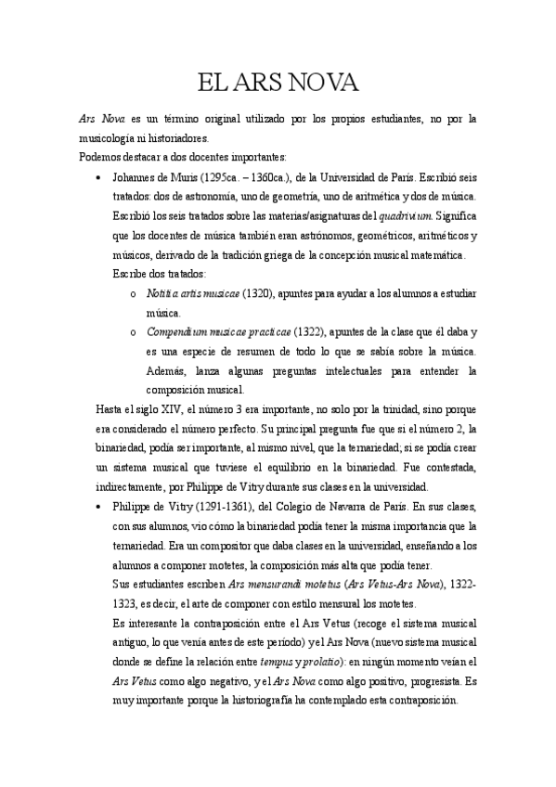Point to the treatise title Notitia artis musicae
(x=192, y=293)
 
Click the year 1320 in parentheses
(x=258, y=293)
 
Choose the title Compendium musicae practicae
(x=218, y=331)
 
